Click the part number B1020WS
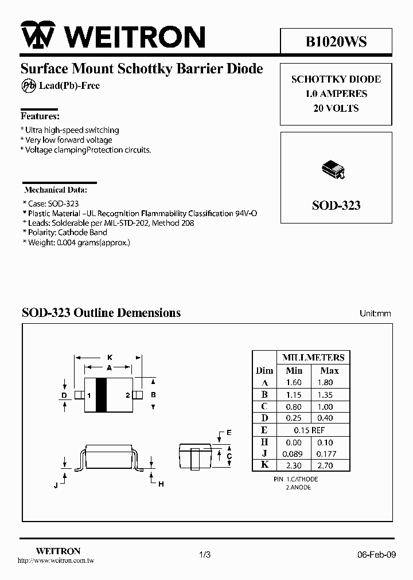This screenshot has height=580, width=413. tap(336, 42)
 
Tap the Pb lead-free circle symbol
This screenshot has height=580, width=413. tap(28, 86)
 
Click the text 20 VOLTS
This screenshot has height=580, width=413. tap(336, 108)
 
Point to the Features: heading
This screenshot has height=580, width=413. tap(40, 115)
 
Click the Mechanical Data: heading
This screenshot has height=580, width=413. tap(56, 189)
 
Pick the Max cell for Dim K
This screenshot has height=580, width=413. tap(326, 466)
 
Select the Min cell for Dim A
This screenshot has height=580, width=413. tap(294, 382)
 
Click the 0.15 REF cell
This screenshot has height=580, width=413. tap(309, 430)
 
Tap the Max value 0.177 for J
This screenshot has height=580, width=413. tap(326, 454)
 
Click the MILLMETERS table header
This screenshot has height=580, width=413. tap(313, 358)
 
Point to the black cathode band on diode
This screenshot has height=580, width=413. tap(101, 395)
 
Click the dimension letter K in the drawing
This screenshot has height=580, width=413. tap(110, 357)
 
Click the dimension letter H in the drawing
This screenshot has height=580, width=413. tap(161, 484)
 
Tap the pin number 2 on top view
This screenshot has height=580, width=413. tap(127, 395)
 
